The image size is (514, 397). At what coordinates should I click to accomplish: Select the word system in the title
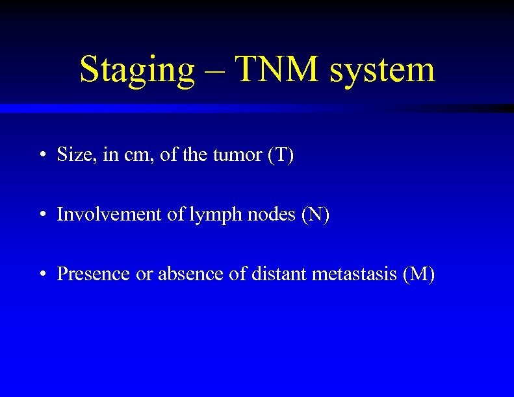click(382, 69)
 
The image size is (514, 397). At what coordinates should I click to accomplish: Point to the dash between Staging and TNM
click(217, 71)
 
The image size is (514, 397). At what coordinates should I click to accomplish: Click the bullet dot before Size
click(42, 156)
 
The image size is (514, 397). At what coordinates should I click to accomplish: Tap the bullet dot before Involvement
click(42, 215)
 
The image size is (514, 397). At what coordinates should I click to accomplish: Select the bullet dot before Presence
click(42, 274)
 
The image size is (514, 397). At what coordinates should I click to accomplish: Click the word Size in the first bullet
click(72, 155)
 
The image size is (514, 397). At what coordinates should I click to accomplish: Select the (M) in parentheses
click(418, 274)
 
